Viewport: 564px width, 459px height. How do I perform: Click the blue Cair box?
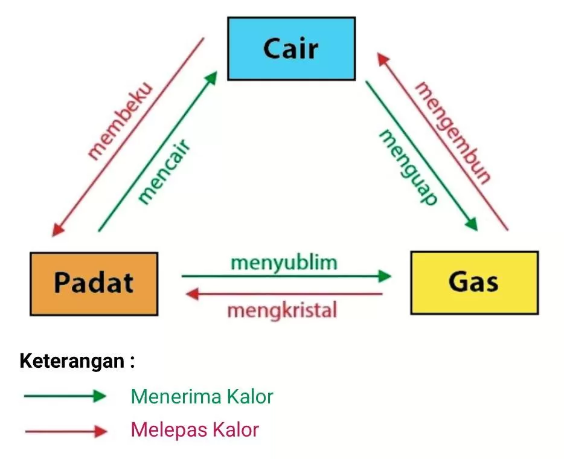[x=291, y=48]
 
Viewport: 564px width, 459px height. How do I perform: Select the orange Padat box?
[x=94, y=283]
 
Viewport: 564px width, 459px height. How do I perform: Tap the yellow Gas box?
[x=474, y=282]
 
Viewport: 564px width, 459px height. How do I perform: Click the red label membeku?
[x=121, y=122]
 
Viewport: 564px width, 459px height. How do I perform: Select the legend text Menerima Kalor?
[x=202, y=397]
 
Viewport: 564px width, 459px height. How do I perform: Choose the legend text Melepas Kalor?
[x=194, y=430]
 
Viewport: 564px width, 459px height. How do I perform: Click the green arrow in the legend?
[x=65, y=397]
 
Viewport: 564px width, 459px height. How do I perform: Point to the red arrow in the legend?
[x=65, y=431]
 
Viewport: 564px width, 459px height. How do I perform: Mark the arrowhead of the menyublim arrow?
[x=384, y=276]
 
